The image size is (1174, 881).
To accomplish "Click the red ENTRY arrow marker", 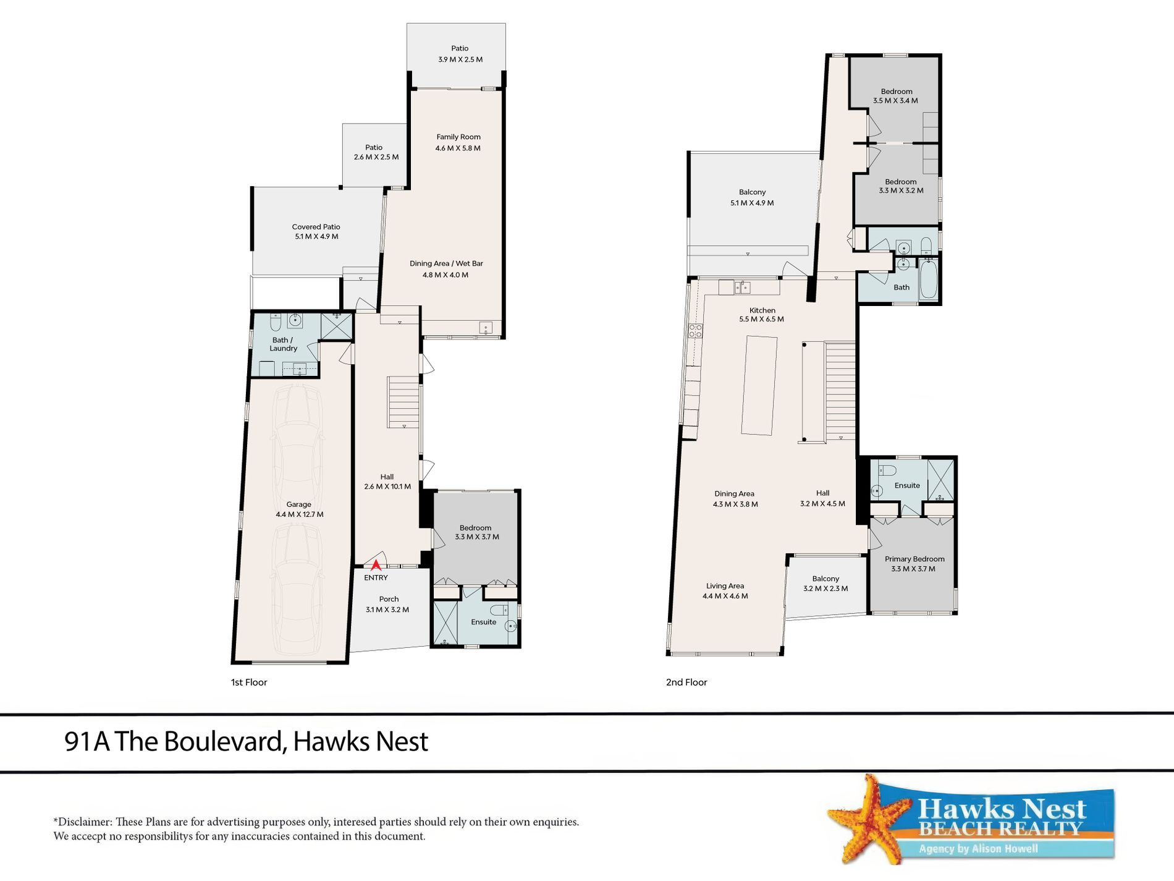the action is tap(376, 564).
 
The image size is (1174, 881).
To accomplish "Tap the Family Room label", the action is tap(458, 137).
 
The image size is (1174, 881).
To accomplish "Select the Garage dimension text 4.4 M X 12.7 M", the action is tap(300, 514).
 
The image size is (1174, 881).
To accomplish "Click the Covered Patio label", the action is tap(316, 227).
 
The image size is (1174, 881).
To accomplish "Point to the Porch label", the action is tap(389, 599).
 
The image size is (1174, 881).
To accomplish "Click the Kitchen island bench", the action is tap(759, 385).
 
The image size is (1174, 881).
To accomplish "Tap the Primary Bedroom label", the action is tap(914, 559).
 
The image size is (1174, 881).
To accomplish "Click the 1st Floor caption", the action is tap(249, 682).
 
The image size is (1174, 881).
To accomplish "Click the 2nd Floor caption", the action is tap(686, 682).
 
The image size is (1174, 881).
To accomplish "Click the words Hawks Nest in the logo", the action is tap(1002, 809).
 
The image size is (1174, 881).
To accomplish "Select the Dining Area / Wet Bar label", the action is tap(446, 263).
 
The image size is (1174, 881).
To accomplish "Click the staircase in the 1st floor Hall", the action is tap(403, 402).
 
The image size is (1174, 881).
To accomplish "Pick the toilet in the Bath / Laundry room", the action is tap(276, 321).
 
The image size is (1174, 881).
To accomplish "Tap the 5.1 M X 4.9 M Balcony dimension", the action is tap(752, 203).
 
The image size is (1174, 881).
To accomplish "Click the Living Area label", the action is tap(725, 585).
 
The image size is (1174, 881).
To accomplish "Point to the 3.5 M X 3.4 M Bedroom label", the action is tap(895, 100).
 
